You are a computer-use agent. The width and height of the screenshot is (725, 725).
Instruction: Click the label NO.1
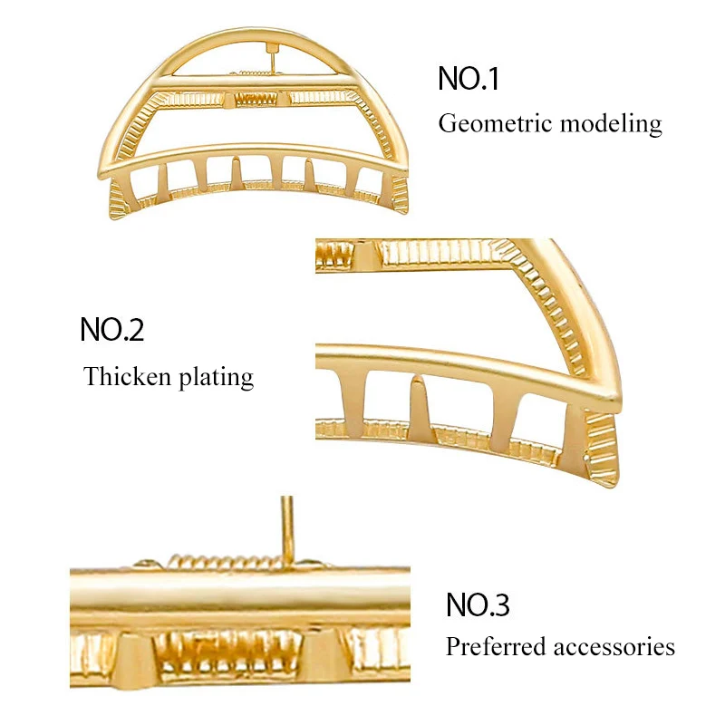pyautogui.click(x=469, y=78)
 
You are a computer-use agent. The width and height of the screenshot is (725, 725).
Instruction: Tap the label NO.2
pyautogui.click(x=112, y=329)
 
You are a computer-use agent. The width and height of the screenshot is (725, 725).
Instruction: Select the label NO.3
pyautogui.click(x=478, y=604)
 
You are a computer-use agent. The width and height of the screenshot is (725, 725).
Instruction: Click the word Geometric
pyautogui.click(x=494, y=124)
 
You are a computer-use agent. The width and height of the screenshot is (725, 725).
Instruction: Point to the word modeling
pyautogui.click(x=610, y=124)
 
